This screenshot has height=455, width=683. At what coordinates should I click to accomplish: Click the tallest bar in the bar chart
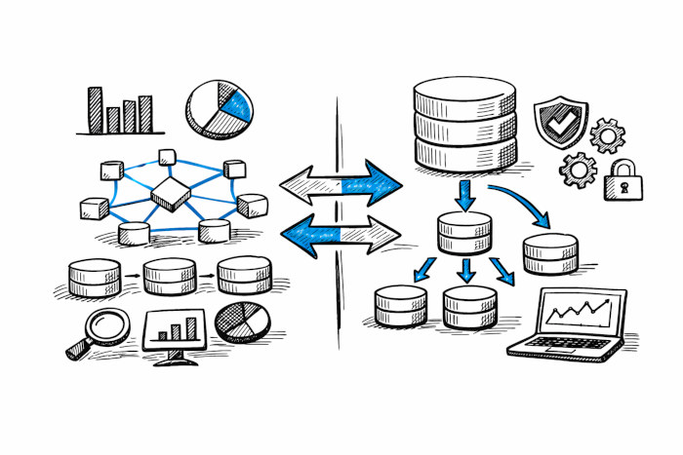(95, 109)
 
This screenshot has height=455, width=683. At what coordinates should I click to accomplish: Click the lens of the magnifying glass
(108, 326)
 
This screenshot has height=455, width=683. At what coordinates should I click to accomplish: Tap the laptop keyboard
(566, 343)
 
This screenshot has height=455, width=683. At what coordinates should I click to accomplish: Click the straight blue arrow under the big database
(465, 195)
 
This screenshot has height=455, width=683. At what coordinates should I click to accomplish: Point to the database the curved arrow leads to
(550, 253)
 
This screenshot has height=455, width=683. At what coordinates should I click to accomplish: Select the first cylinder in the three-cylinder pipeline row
(94, 277)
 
